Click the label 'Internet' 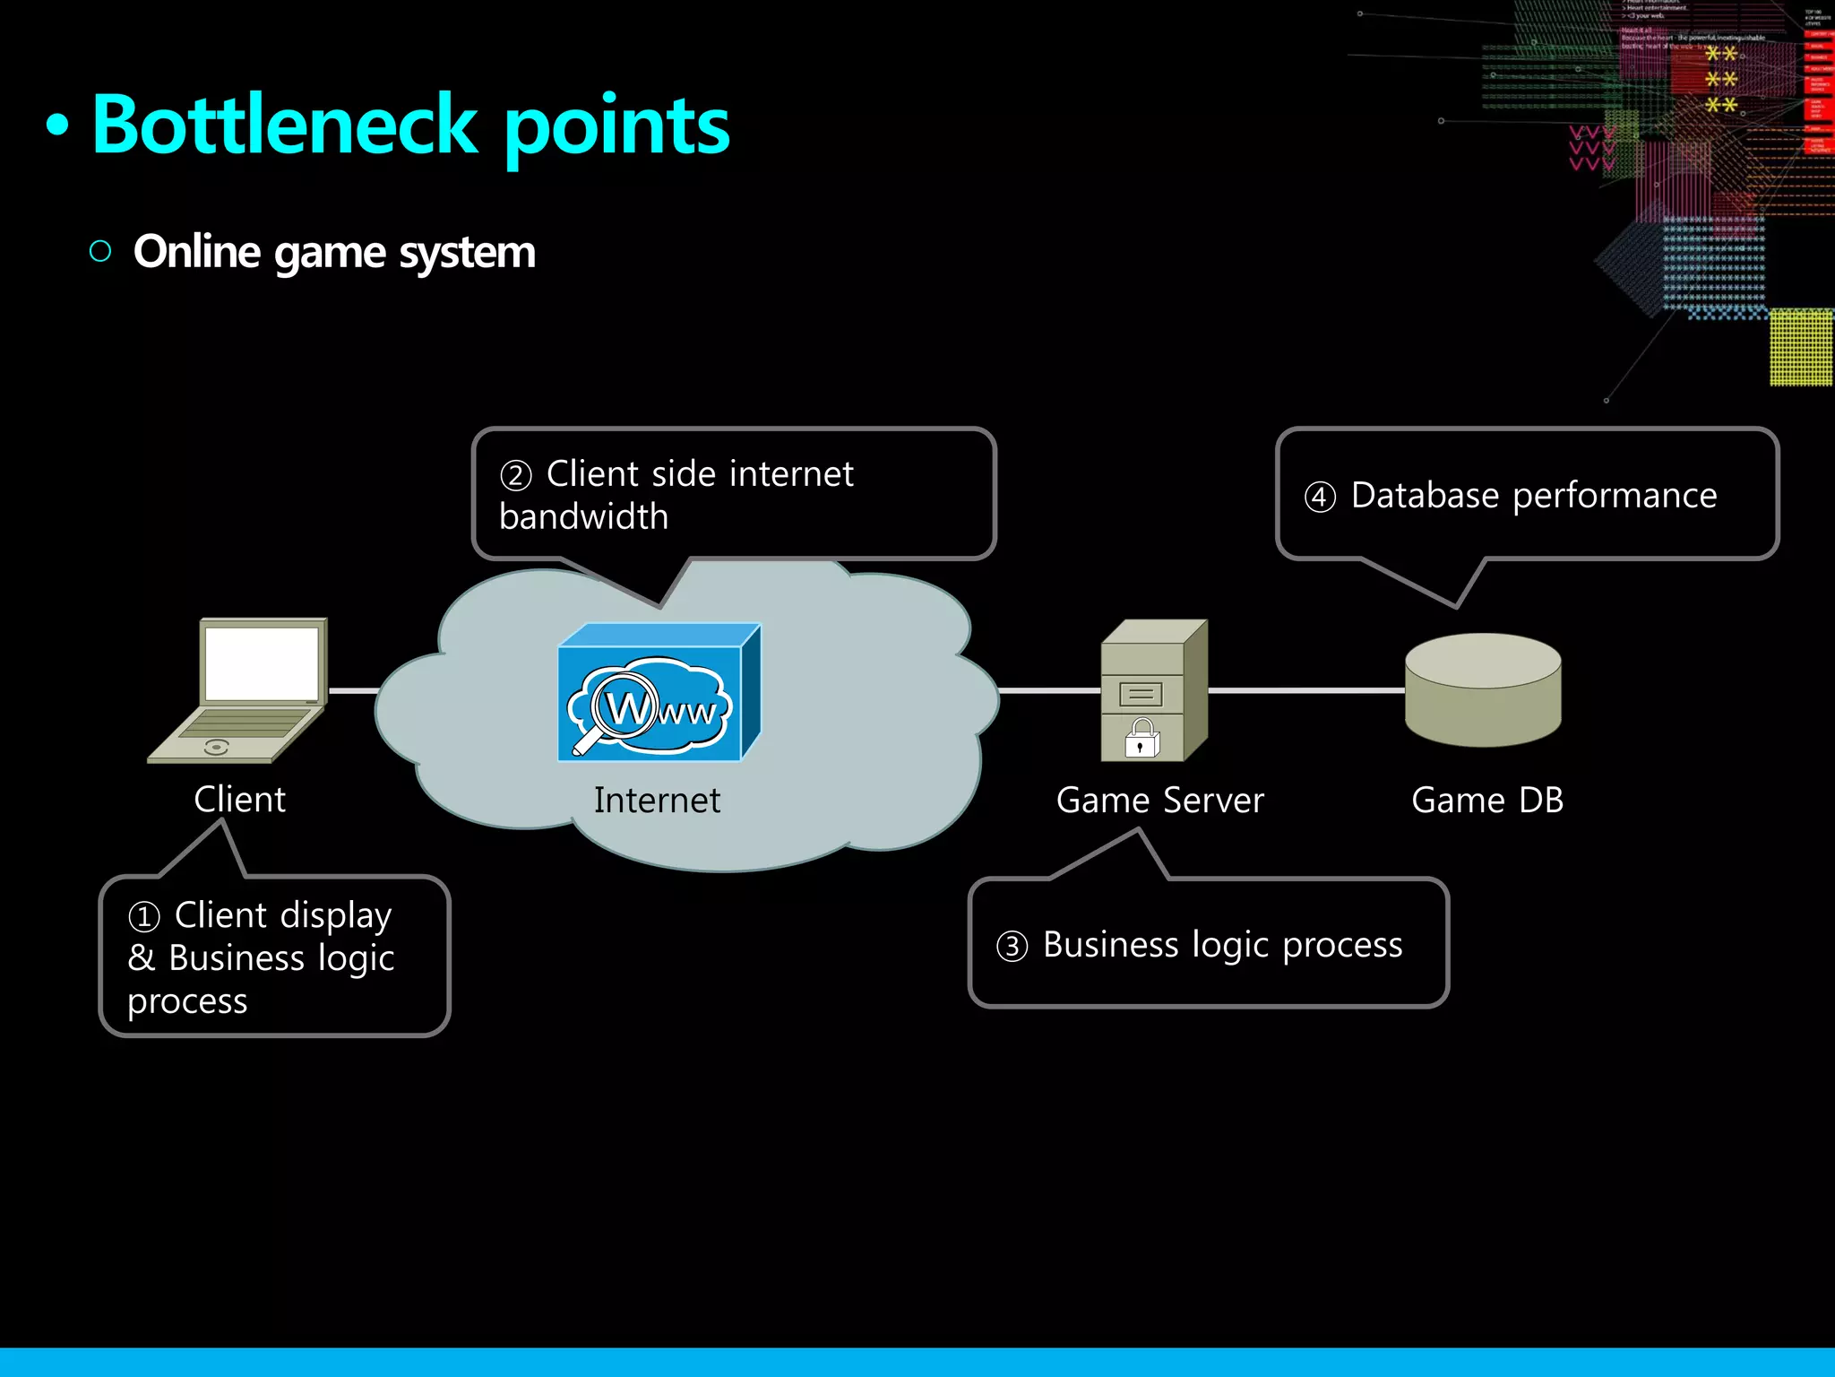click(x=657, y=801)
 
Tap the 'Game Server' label click(x=1159, y=801)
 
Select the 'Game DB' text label click(x=1487, y=801)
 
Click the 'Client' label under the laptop click(x=240, y=800)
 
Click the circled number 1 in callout click(x=144, y=917)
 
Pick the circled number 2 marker click(x=516, y=475)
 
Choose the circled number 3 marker click(x=1012, y=947)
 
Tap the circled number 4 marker click(x=1320, y=497)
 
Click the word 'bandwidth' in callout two click(x=583, y=517)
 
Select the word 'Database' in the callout click(x=1425, y=496)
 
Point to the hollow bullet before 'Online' click(x=100, y=251)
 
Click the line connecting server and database click(x=1306, y=690)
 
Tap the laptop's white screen click(x=262, y=663)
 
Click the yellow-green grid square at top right click(x=1801, y=348)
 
